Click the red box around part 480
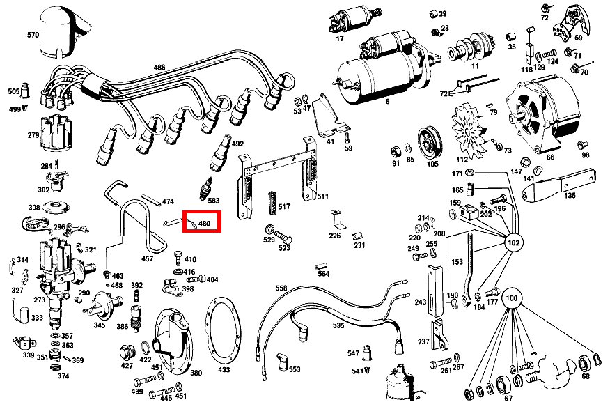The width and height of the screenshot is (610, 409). [x=202, y=222]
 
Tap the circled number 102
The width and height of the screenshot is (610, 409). [x=513, y=243]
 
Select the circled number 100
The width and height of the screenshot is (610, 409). [x=511, y=298]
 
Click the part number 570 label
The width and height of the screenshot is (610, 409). [x=33, y=35]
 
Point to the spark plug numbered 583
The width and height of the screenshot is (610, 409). [x=205, y=189]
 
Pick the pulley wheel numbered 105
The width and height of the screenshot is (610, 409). [x=430, y=142]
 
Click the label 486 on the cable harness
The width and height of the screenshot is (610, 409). [x=159, y=68]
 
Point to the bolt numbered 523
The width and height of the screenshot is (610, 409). [x=283, y=237]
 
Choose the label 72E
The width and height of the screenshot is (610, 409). [x=446, y=94]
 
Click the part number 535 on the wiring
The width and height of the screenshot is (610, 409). [x=338, y=325]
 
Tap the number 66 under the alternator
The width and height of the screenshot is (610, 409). [x=550, y=157]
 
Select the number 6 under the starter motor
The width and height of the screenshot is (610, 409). [x=387, y=102]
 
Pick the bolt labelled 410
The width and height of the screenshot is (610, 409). [x=178, y=258]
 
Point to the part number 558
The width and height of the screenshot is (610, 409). [x=281, y=288]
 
